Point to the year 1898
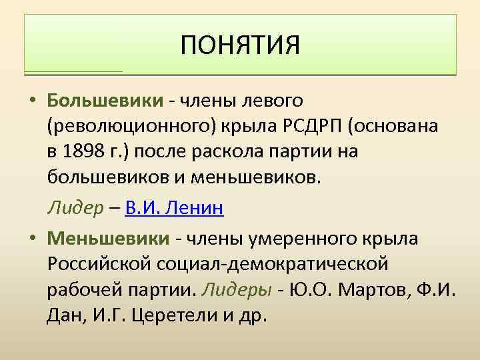(85, 151)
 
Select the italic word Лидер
(70, 208)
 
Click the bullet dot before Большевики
(32, 101)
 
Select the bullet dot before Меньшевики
(32, 238)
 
